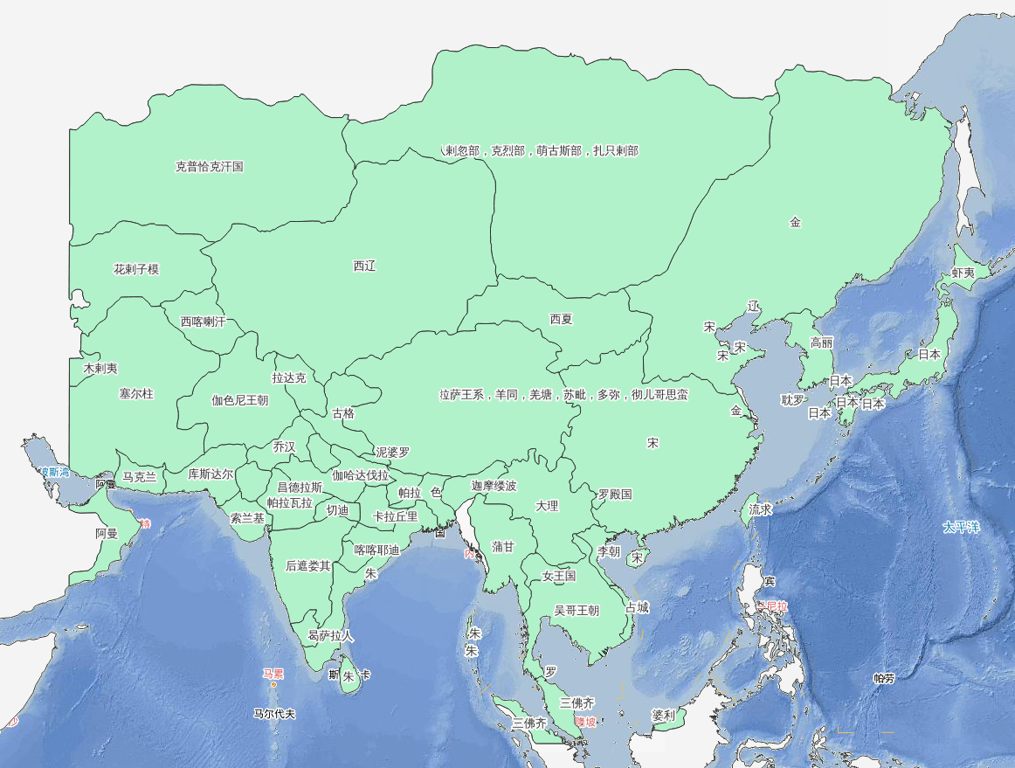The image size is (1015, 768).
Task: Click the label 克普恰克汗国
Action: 210,167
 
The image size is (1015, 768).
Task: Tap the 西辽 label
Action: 364,266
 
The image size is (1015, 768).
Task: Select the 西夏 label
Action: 562,319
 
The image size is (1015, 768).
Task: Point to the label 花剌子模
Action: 136,269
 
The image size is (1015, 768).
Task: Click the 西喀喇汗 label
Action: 203,322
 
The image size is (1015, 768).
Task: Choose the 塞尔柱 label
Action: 136,394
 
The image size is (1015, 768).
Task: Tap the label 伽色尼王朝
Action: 240,401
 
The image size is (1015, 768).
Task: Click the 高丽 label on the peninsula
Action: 822,342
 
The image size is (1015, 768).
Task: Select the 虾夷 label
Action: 963,273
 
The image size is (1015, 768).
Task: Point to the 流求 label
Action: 761,509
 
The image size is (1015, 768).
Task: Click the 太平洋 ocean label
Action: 962,528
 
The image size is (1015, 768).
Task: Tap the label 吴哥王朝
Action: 577,611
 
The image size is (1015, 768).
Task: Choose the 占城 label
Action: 638,607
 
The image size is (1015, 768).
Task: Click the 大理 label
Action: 547,506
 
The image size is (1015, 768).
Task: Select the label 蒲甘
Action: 503,547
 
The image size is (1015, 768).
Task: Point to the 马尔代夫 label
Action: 274,714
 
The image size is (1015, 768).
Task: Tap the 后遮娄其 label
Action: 308,565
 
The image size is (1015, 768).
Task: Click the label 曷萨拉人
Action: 331,636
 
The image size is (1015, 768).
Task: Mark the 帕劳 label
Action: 885,678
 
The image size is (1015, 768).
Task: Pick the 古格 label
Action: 343,413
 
